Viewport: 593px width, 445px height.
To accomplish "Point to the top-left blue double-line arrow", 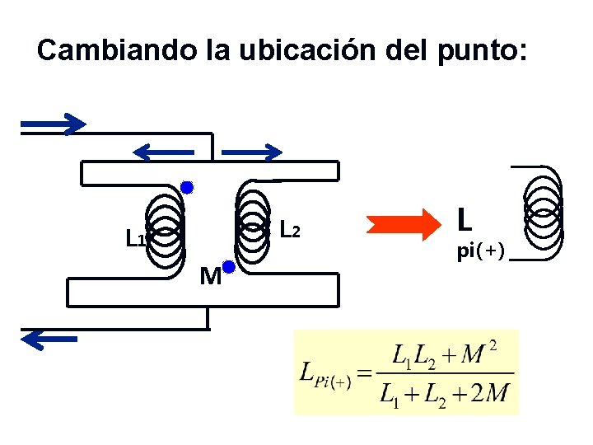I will coord(54,124).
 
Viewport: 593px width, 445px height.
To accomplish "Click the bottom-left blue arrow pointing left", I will coord(50,338).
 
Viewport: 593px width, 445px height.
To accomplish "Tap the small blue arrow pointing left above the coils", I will coord(165,152).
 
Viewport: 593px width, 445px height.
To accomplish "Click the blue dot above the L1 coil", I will coord(187,188).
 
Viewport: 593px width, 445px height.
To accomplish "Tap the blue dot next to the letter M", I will coord(229,266).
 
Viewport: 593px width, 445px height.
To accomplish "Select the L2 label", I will coord(289,228).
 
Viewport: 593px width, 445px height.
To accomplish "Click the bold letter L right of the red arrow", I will coord(465,219).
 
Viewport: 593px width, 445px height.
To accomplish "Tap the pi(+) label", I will coord(481,251).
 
